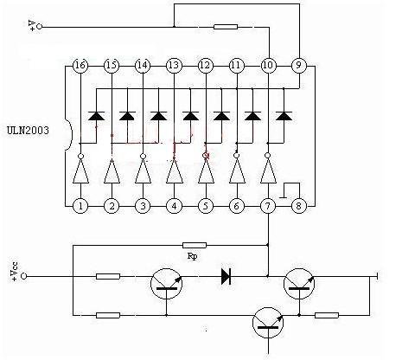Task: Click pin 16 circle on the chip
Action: (x=80, y=66)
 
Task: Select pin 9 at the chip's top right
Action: (x=299, y=65)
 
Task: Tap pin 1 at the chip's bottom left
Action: (x=80, y=206)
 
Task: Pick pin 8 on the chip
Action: (x=299, y=206)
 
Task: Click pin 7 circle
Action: (x=268, y=206)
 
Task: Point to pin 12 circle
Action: (x=206, y=66)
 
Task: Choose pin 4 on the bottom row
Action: (x=174, y=206)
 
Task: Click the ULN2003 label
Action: (x=28, y=131)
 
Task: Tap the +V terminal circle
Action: (x=39, y=27)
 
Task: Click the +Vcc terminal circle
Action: (x=23, y=276)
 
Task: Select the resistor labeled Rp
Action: (x=195, y=246)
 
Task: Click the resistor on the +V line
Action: (x=226, y=27)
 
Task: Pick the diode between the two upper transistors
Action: (x=226, y=276)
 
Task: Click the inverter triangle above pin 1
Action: (x=80, y=171)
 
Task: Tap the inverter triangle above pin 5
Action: (x=206, y=171)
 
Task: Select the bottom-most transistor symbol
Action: (x=268, y=323)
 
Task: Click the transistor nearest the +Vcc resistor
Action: (x=166, y=284)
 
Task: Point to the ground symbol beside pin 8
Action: (x=290, y=190)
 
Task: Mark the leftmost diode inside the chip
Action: (x=96, y=116)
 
